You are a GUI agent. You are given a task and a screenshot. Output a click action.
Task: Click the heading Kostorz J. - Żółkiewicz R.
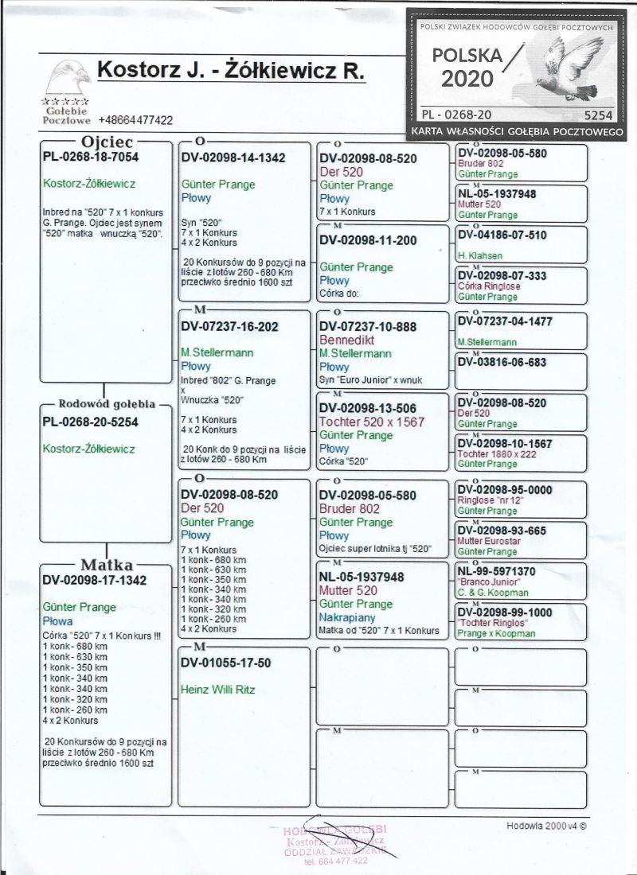pyautogui.click(x=231, y=70)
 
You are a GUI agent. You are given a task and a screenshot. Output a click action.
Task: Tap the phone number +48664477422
pyautogui.click(x=136, y=120)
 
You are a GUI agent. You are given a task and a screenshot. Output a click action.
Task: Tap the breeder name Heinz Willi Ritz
pyautogui.click(x=217, y=690)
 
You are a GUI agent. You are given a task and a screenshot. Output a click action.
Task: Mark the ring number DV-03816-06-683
pyautogui.click(x=502, y=362)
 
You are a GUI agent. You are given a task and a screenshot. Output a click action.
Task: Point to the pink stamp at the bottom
pyautogui.click(x=335, y=842)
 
